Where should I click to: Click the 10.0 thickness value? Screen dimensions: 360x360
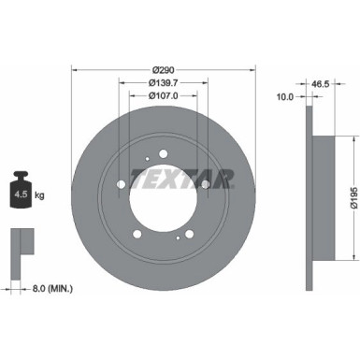[286, 95]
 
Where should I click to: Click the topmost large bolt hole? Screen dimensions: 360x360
[163, 155]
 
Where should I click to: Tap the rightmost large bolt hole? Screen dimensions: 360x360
[204, 184]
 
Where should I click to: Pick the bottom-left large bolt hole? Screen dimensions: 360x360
[137, 234]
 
